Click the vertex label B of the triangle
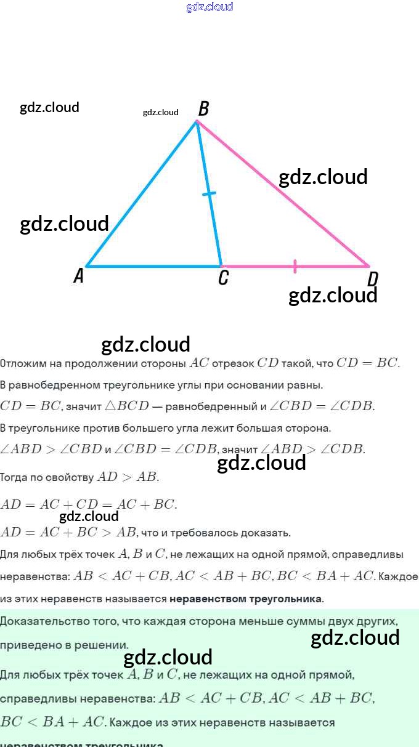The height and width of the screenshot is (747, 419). [x=203, y=110]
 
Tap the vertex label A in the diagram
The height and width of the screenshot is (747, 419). [x=78, y=275]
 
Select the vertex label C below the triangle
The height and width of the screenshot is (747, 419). [x=223, y=278]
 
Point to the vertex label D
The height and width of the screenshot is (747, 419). [x=372, y=279]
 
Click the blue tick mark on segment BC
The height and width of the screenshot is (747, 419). [x=209, y=194]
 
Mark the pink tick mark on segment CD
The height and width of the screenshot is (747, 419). [x=295, y=266]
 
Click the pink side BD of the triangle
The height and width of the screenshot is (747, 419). [x=283, y=194]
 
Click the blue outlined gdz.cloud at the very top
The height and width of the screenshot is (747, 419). [x=209, y=7]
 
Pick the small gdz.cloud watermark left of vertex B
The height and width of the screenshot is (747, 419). [x=160, y=112]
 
